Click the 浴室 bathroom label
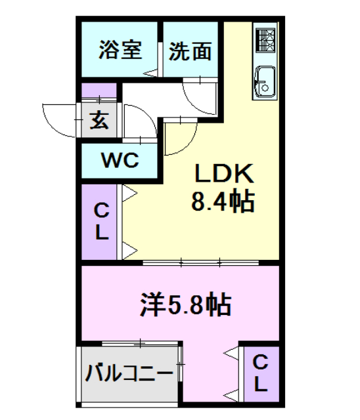[x=121, y=51]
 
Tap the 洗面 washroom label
[x=190, y=51]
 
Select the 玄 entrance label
[x=99, y=119]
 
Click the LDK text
[x=223, y=174]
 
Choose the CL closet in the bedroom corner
[x=260, y=372]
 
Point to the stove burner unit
[x=265, y=41]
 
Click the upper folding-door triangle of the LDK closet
[x=129, y=194]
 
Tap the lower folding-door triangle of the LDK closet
[x=129, y=249]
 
